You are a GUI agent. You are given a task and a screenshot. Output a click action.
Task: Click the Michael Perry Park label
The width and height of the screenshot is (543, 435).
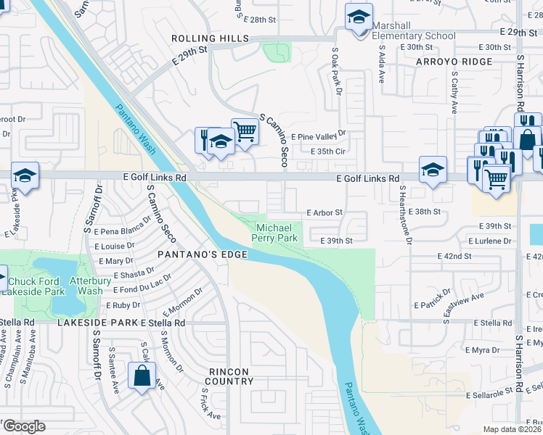click(x=275, y=232)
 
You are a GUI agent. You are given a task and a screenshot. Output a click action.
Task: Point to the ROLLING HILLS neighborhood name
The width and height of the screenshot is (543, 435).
click(x=204, y=38)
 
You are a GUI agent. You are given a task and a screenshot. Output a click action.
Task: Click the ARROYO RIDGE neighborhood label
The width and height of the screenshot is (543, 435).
click(x=454, y=62)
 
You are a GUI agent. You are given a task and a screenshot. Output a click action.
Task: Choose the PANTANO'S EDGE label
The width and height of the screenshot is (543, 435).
click(x=203, y=255)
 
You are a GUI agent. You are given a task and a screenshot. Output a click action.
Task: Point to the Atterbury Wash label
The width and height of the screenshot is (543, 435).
click(x=86, y=285)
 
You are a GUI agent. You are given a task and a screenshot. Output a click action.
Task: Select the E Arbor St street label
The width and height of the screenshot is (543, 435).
click(x=324, y=213)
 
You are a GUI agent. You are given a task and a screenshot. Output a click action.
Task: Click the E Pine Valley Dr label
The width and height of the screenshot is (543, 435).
click(x=319, y=136)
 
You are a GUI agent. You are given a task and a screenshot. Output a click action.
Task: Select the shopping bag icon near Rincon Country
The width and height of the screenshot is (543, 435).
click(x=142, y=376)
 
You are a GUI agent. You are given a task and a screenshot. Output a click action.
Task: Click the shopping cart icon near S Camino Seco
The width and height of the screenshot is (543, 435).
click(x=245, y=132)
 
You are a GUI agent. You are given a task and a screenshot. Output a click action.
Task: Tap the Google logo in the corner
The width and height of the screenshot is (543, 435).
click(x=24, y=426)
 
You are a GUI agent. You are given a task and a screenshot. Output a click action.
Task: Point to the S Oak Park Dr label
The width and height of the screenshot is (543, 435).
click(x=336, y=71)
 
